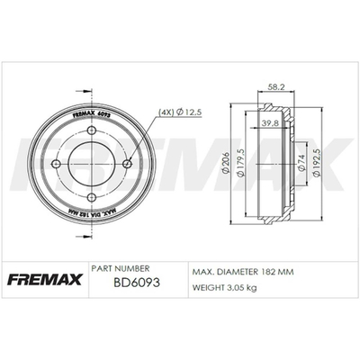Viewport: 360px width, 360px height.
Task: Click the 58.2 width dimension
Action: [x=275, y=87]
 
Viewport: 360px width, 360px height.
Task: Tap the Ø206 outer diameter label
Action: [x=226, y=163]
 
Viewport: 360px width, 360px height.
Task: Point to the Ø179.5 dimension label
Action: [x=240, y=162]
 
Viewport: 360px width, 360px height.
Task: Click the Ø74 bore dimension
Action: [x=301, y=163]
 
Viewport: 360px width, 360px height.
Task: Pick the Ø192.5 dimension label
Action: [x=316, y=162]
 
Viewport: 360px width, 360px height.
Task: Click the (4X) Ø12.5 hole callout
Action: [x=180, y=112]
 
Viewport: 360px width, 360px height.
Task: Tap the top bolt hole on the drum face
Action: [x=92, y=130]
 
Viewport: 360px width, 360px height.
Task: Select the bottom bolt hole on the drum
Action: [x=92, y=197]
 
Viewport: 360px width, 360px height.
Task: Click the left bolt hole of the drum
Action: [x=56, y=164]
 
